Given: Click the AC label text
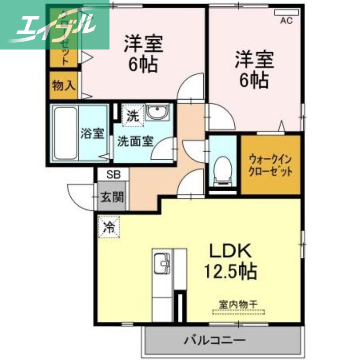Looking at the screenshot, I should coord(285,21).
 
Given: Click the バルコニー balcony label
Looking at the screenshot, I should coord(214,340).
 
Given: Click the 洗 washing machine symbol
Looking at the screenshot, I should coord(132,115).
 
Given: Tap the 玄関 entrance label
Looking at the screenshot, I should coord(112,197).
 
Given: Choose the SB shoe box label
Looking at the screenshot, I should coord(113,175).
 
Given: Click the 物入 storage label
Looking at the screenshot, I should coord(64,85).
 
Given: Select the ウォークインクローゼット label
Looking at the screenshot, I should coord(270,165).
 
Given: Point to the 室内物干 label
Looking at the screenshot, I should coord(238,305).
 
